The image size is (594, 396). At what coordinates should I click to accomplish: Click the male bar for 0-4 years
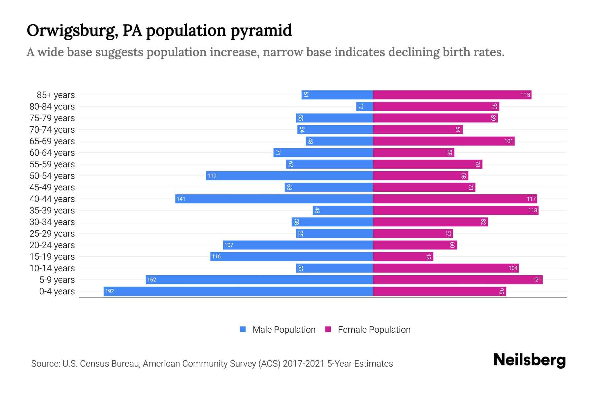point(238,291)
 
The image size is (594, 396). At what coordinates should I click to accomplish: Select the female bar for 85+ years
point(452,95)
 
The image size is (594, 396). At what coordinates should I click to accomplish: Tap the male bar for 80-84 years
point(365,106)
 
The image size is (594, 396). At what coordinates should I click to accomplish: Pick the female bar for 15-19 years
point(403,256)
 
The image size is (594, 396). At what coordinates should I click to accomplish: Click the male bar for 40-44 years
point(274,199)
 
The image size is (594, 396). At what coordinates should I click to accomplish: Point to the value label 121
point(537,280)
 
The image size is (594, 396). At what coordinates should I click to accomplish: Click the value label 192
point(110,291)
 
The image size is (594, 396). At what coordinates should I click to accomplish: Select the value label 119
point(212,176)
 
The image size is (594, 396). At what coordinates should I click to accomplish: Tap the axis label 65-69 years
point(52,141)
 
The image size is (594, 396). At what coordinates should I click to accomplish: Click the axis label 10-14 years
point(52,268)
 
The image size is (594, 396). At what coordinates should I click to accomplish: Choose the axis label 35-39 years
point(52,211)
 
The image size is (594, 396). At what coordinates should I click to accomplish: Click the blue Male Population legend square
point(243,329)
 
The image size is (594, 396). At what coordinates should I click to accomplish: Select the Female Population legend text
point(374,330)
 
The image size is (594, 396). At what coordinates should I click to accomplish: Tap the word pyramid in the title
point(261,30)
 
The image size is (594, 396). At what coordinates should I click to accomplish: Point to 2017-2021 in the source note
point(304,364)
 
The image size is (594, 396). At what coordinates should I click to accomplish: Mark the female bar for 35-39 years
point(455,210)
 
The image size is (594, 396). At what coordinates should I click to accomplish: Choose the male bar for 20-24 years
point(298,245)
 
